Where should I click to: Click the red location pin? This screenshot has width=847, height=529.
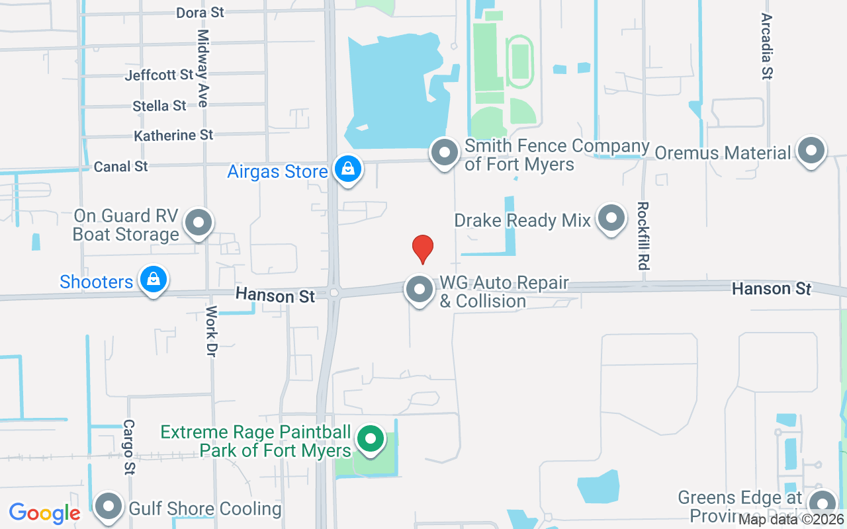click(423, 249)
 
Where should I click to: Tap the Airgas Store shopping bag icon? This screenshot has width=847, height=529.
click(347, 169)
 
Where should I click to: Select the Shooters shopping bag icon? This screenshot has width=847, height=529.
click(154, 280)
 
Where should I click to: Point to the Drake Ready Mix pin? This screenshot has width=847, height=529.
click(611, 218)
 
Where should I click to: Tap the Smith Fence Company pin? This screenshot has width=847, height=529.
click(445, 153)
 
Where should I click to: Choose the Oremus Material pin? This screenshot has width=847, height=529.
click(811, 151)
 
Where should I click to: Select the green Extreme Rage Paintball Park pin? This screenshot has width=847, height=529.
click(371, 439)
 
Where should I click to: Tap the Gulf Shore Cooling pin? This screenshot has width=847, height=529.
click(109, 507)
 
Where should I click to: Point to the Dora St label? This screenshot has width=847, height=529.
click(201, 13)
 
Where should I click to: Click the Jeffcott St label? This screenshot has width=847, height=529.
click(159, 75)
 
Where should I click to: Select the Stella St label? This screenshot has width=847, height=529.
click(159, 106)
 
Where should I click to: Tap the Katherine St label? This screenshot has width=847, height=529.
click(173, 136)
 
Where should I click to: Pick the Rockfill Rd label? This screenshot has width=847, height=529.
click(641, 235)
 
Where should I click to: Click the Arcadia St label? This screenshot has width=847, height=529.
click(767, 46)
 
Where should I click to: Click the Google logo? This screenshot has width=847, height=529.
click(44, 512)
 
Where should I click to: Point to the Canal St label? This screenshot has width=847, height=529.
click(121, 167)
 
